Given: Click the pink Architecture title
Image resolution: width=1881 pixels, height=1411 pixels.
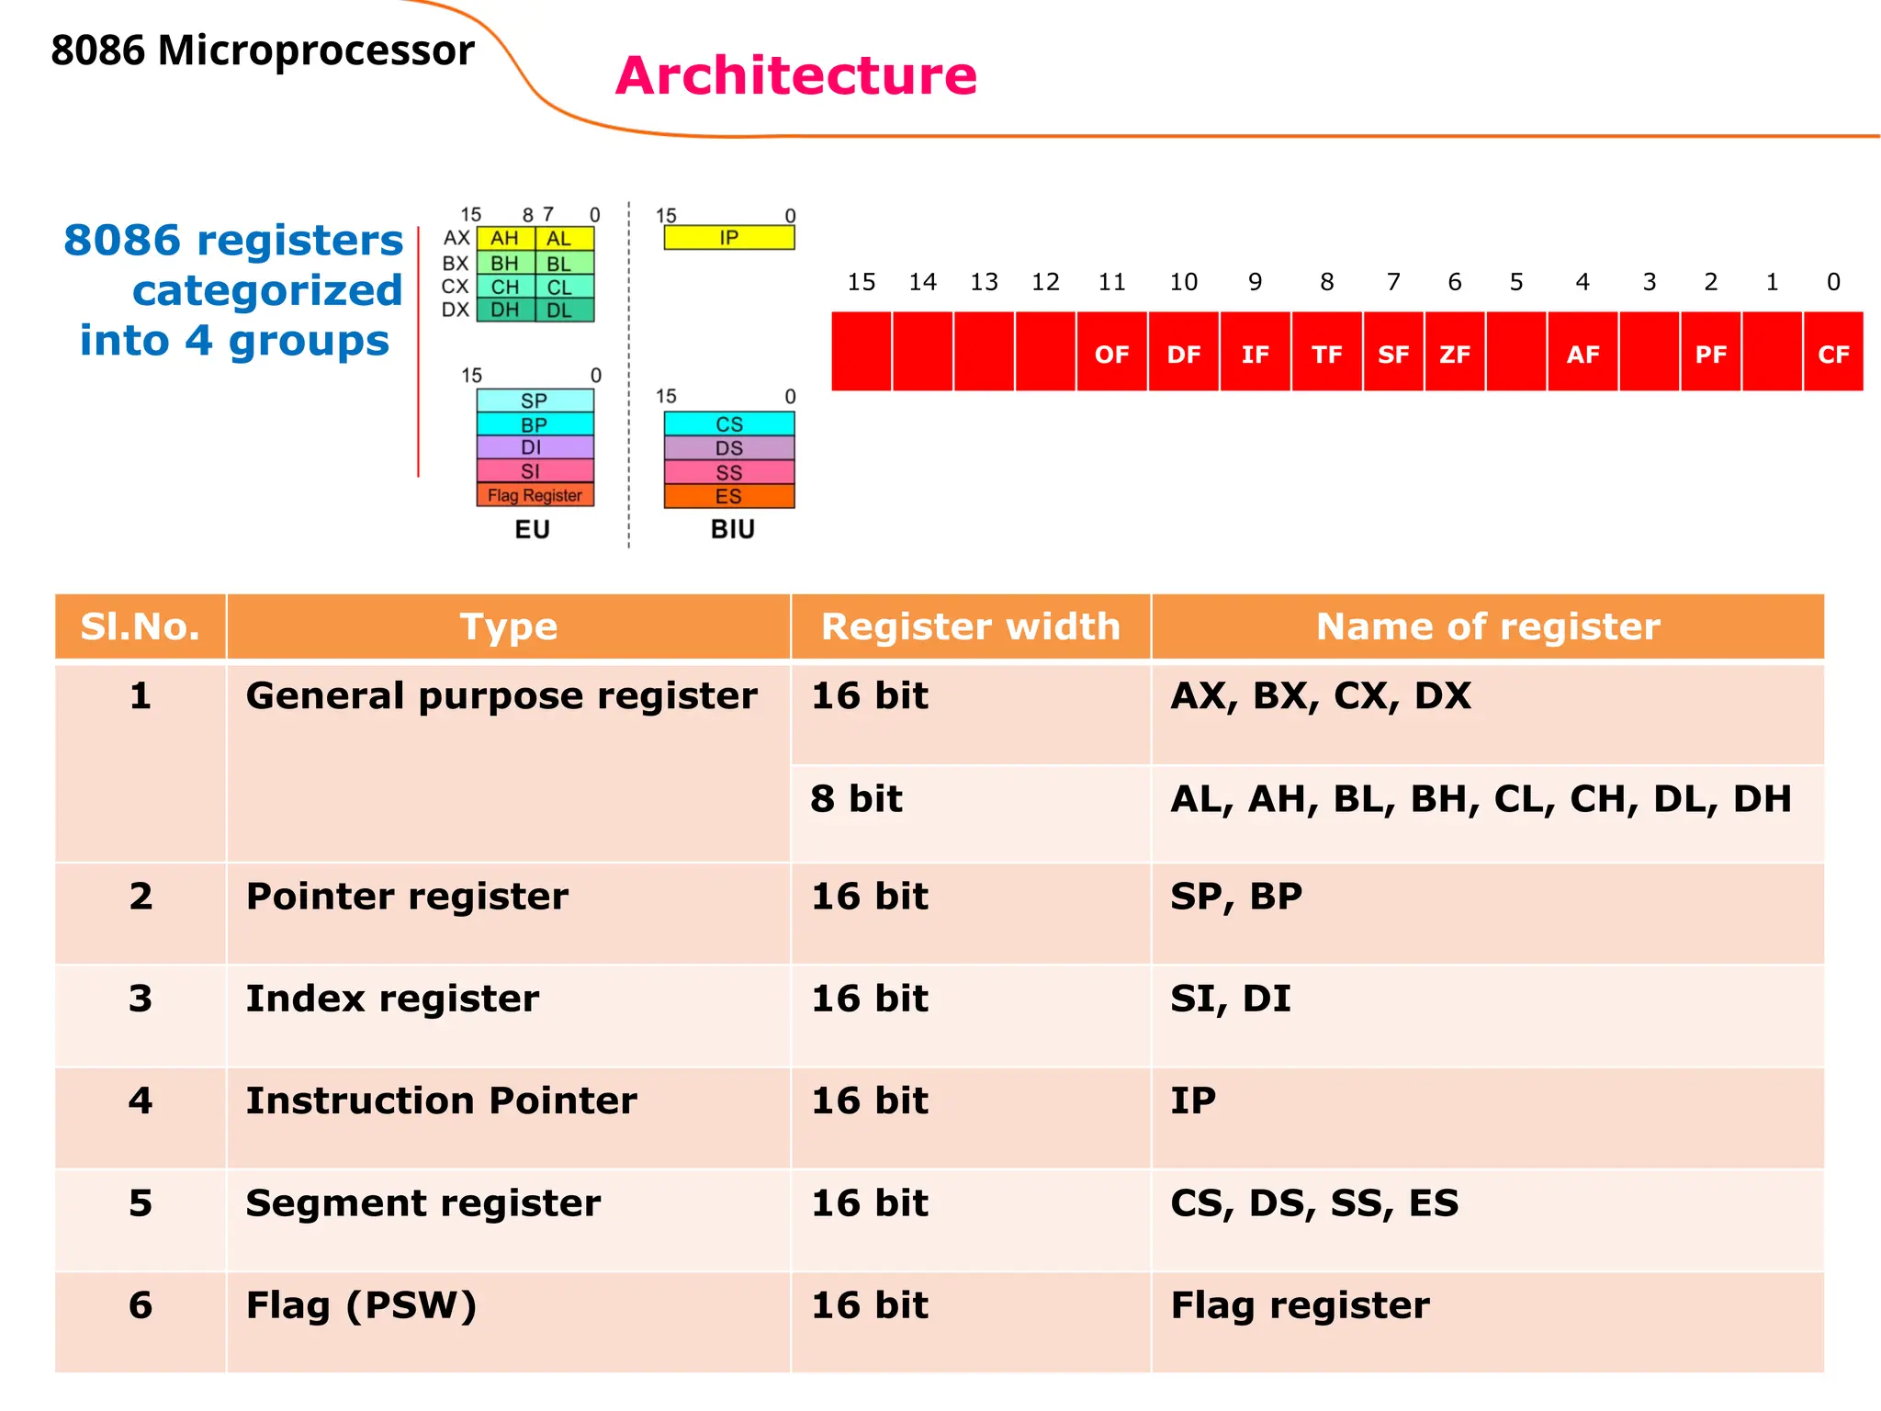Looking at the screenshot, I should click(795, 75).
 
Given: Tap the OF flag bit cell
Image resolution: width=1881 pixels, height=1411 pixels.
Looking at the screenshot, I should click(1111, 353).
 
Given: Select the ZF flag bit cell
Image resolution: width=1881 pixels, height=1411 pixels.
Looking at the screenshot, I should click(1454, 353).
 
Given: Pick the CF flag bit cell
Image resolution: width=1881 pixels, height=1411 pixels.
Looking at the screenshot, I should click(1833, 353).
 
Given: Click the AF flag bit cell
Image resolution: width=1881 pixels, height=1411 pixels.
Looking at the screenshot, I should click(1583, 353).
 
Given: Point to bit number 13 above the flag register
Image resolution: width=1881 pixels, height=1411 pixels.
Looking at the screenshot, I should click(984, 282).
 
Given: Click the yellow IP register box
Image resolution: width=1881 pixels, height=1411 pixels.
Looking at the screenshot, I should click(729, 238).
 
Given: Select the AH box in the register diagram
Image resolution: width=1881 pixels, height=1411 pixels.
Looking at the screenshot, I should click(505, 238).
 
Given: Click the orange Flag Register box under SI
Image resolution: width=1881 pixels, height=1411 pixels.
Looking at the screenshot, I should click(535, 495).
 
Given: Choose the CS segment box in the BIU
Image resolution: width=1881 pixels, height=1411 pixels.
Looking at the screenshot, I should click(729, 423).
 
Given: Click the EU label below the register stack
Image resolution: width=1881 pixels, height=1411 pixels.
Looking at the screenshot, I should click(532, 530).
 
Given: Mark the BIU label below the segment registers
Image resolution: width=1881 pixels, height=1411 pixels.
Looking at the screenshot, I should click(732, 530).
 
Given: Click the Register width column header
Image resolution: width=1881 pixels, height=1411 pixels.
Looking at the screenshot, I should click(970, 626).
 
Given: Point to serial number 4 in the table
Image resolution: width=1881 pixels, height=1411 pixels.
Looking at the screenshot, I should click(141, 1101).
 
